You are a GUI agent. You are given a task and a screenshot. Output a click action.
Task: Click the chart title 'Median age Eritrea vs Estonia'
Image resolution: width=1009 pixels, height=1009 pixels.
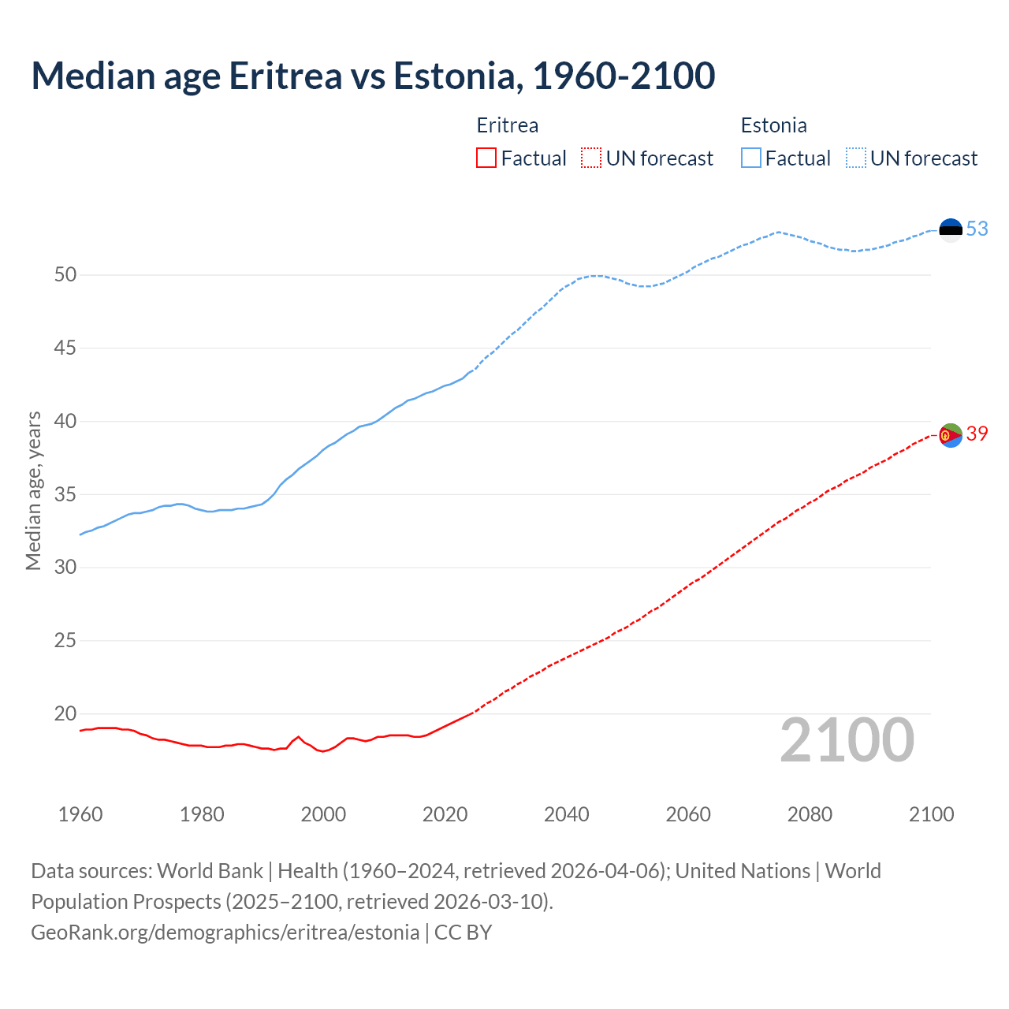click(x=373, y=76)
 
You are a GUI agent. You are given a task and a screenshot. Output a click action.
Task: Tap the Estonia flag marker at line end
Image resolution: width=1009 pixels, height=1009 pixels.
click(x=951, y=229)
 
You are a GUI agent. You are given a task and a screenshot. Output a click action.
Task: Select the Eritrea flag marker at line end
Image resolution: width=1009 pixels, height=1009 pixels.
click(x=951, y=434)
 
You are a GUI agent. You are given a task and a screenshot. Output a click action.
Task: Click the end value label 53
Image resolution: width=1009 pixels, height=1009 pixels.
click(x=977, y=229)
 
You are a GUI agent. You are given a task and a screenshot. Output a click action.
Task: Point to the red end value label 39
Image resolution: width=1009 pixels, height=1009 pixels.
click(x=977, y=434)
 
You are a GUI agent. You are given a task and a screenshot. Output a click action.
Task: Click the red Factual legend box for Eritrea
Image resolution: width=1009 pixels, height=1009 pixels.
click(x=486, y=158)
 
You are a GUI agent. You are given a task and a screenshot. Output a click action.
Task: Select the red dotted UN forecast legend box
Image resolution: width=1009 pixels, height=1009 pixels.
click(x=591, y=158)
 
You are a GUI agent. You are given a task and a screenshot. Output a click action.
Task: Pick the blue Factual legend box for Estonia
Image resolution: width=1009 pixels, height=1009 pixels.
click(x=750, y=158)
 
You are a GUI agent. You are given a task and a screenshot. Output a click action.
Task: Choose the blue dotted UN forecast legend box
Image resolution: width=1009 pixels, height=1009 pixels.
click(x=855, y=158)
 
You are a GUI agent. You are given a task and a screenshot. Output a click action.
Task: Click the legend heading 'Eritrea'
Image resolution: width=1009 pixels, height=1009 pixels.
click(x=508, y=125)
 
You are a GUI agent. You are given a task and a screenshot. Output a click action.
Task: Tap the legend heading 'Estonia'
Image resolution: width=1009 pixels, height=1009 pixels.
click(x=773, y=125)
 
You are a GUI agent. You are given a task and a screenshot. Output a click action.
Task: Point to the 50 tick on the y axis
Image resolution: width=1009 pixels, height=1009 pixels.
click(x=65, y=275)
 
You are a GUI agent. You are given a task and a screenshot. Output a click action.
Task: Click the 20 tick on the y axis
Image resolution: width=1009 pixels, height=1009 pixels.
click(x=65, y=714)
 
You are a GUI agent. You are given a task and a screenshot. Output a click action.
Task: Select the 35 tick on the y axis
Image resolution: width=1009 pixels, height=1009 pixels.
click(x=65, y=495)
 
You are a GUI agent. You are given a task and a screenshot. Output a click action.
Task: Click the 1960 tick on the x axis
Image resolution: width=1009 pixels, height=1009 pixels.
click(x=80, y=814)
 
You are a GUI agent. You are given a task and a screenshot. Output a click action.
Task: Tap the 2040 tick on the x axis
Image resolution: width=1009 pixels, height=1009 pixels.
click(x=567, y=814)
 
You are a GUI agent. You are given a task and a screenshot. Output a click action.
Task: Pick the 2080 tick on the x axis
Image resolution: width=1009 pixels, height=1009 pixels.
click(x=810, y=814)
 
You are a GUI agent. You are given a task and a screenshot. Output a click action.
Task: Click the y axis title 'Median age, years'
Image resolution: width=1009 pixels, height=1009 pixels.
click(x=33, y=490)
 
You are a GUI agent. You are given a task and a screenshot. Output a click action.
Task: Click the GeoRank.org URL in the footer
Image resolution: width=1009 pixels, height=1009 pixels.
click(x=225, y=933)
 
